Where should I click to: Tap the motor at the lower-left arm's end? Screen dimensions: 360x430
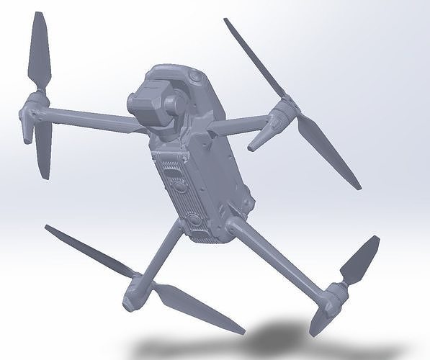coord(137,288)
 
